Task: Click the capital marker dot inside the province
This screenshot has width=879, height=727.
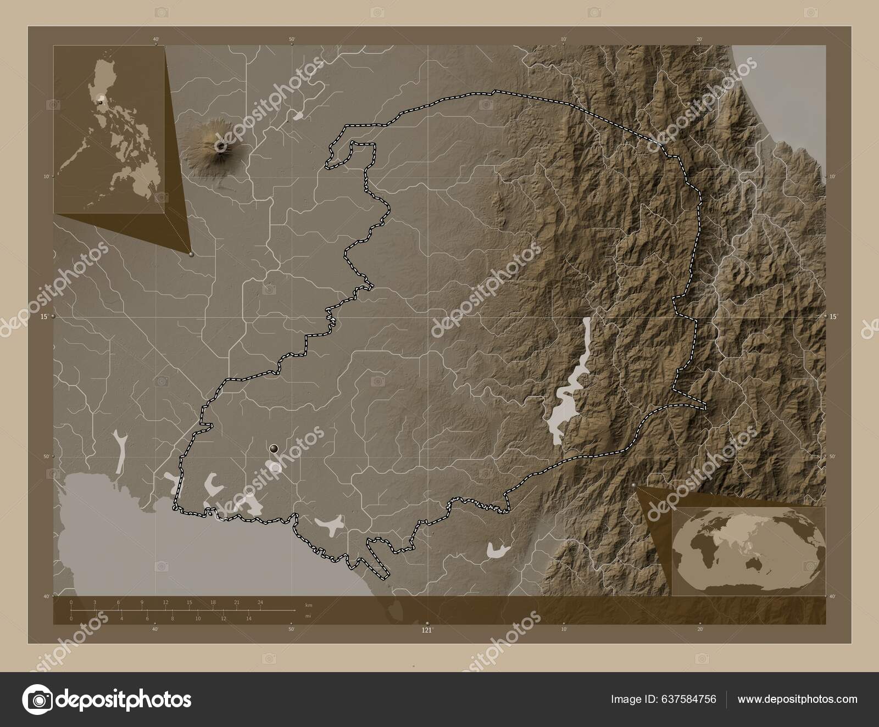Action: point(274,449)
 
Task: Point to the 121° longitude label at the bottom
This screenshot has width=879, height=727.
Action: point(427,630)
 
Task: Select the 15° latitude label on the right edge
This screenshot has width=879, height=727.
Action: point(833,316)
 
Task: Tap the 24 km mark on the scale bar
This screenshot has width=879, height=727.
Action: point(260,602)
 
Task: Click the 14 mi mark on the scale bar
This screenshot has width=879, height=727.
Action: point(249,619)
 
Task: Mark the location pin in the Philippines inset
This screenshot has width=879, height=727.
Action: point(100,102)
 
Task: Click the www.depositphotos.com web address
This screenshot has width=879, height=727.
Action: point(797,699)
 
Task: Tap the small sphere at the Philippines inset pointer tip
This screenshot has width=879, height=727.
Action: point(191,254)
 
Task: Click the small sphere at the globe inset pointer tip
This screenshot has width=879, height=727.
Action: point(635,486)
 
